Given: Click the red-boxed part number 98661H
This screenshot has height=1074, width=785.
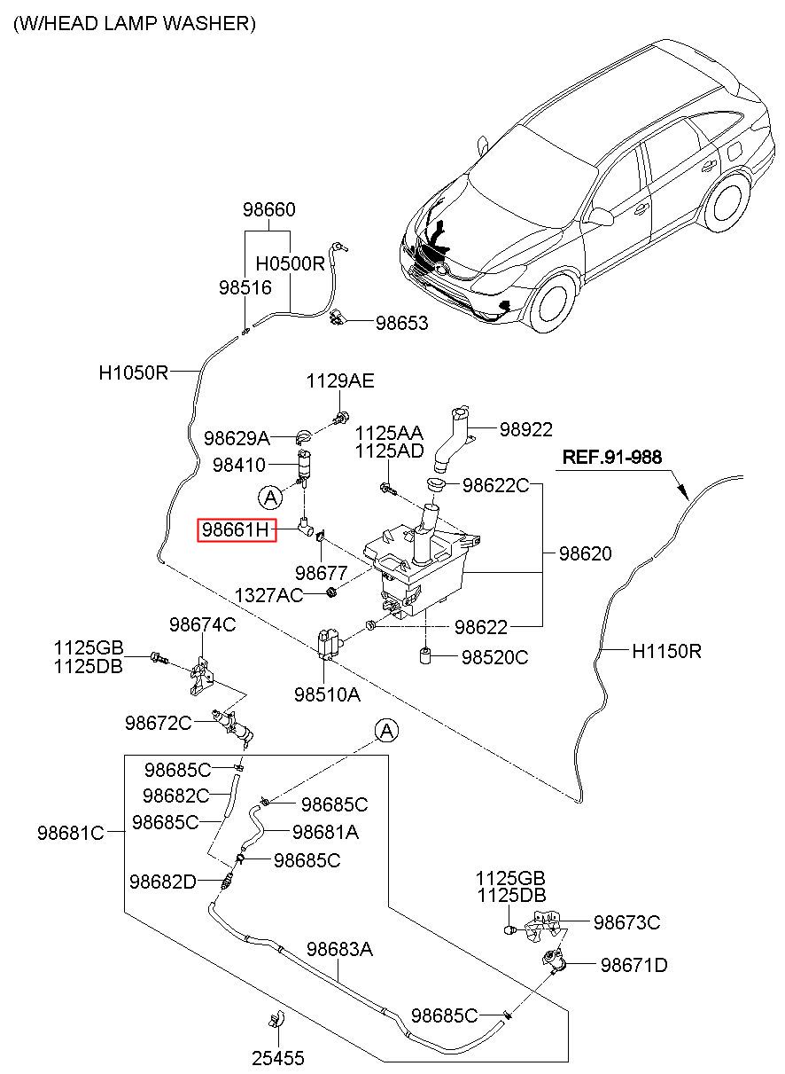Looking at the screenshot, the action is [237, 529].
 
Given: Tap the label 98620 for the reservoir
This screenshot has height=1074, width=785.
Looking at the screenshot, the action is [586, 553].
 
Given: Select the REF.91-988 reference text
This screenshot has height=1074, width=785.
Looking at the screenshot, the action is [611, 457].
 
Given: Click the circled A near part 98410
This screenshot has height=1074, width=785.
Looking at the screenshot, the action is [270, 498].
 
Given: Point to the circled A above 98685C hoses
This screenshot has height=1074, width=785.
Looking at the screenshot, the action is [386, 731].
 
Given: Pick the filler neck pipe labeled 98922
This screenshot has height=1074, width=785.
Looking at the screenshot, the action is [452, 440].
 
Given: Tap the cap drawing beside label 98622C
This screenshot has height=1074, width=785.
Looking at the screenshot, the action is [435, 484].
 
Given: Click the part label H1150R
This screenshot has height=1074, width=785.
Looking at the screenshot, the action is [666, 651].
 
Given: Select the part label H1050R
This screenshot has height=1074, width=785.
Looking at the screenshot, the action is [133, 372].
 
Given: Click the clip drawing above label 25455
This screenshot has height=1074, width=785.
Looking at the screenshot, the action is [276, 1018].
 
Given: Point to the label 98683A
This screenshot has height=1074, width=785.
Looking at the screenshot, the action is [339, 949].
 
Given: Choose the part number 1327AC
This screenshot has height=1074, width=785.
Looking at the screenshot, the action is [268, 595].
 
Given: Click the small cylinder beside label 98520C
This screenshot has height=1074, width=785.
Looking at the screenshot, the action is [424, 655].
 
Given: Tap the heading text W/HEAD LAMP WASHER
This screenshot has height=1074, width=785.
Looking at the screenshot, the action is [135, 23].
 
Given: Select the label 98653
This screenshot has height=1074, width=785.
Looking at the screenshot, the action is [401, 323].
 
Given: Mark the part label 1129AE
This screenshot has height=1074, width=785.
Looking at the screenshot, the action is [340, 380].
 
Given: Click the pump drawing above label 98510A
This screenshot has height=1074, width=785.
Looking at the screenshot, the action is [329, 644].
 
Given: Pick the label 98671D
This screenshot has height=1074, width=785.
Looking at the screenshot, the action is [633, 965].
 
